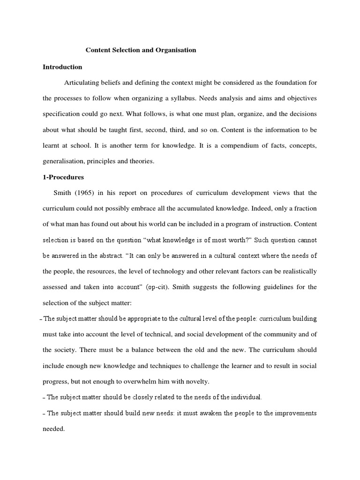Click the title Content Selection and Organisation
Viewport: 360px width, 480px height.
(140, 50)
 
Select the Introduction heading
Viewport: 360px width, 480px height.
(62, 67)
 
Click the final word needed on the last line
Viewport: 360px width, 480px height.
(53, 429)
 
